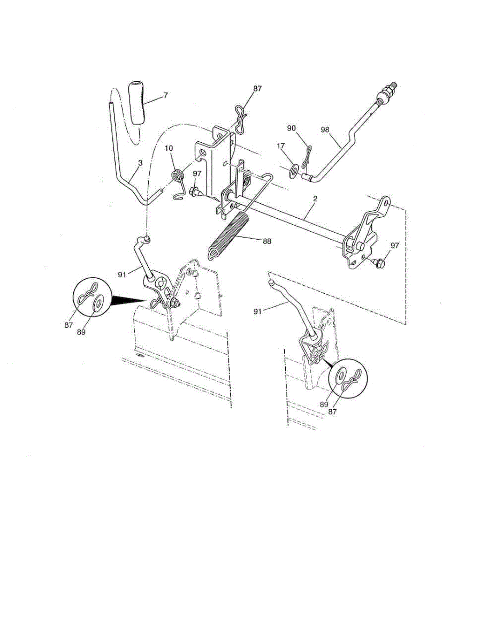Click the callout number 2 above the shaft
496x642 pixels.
pyautogui.click(x=315, y=199)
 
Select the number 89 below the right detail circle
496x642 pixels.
pyautogui.click(x=324, y=404)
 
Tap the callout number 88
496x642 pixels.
pyautogui.click(x=266, y=241)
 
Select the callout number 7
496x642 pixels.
pyautogui.click(x=165, y=95)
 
